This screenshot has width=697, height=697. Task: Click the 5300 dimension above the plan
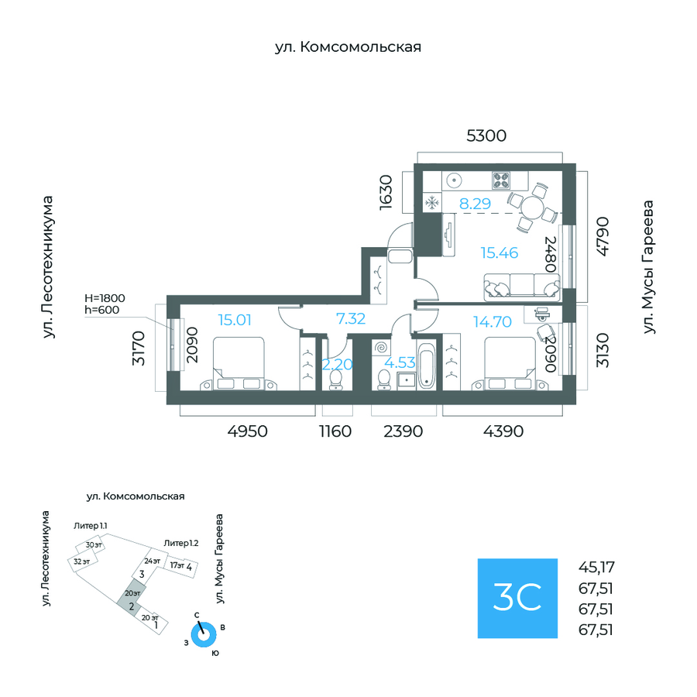(x=486, y=136)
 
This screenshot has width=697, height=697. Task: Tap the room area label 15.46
(x=499, y=252)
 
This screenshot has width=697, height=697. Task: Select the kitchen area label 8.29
(x=475, y=204)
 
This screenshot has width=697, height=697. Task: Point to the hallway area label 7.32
(x=350, y=318)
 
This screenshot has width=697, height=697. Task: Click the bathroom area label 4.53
(x=400, y=362)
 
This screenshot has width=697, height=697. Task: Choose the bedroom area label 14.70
(x=492, y=321)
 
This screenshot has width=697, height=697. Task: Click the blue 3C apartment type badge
(x=517, y=598)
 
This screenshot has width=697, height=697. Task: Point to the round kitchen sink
(x=455, y=180)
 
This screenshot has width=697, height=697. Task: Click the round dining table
(x=531, y=207)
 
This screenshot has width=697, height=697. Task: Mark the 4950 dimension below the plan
(x=248, y=431)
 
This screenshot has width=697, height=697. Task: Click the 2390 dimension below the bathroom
(x=403, y=431)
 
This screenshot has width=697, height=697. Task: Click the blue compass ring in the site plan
(x=204, y=634)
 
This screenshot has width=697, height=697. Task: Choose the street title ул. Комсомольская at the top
(x=348, y=48)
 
